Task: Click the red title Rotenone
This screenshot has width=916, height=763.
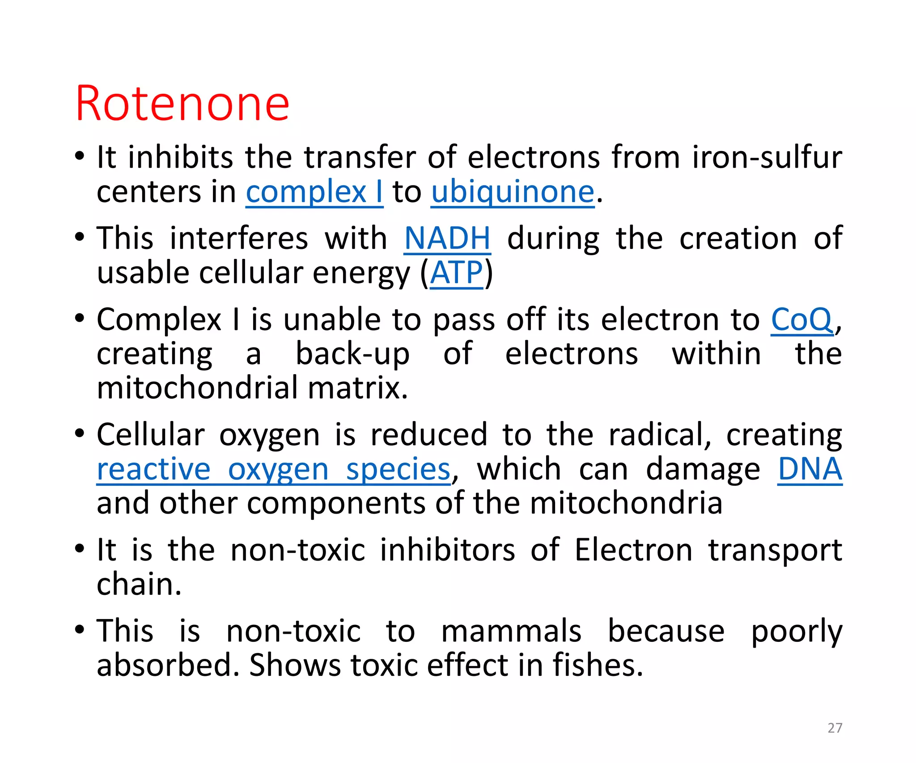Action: [182, 104]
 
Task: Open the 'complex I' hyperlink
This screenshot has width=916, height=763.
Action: [314, 193]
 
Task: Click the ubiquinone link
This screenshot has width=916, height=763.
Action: [513, 193]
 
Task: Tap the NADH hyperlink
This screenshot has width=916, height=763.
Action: [447, 239]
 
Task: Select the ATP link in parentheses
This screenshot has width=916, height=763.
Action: [456, 273]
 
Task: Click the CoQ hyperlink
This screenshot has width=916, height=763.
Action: [801, 320]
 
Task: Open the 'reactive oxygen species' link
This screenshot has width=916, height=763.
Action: [273, 470]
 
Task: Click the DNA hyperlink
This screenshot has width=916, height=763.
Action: [810, 470]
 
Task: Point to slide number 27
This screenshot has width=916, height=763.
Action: [835, 728]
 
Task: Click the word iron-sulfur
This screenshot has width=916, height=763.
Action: [767, 158]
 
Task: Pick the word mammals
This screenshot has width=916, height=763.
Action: [511, 632]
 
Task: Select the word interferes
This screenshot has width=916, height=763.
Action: [239, 239]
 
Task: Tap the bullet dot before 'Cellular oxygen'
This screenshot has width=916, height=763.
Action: [80, 433]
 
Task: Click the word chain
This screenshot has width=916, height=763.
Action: [138, 585]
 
